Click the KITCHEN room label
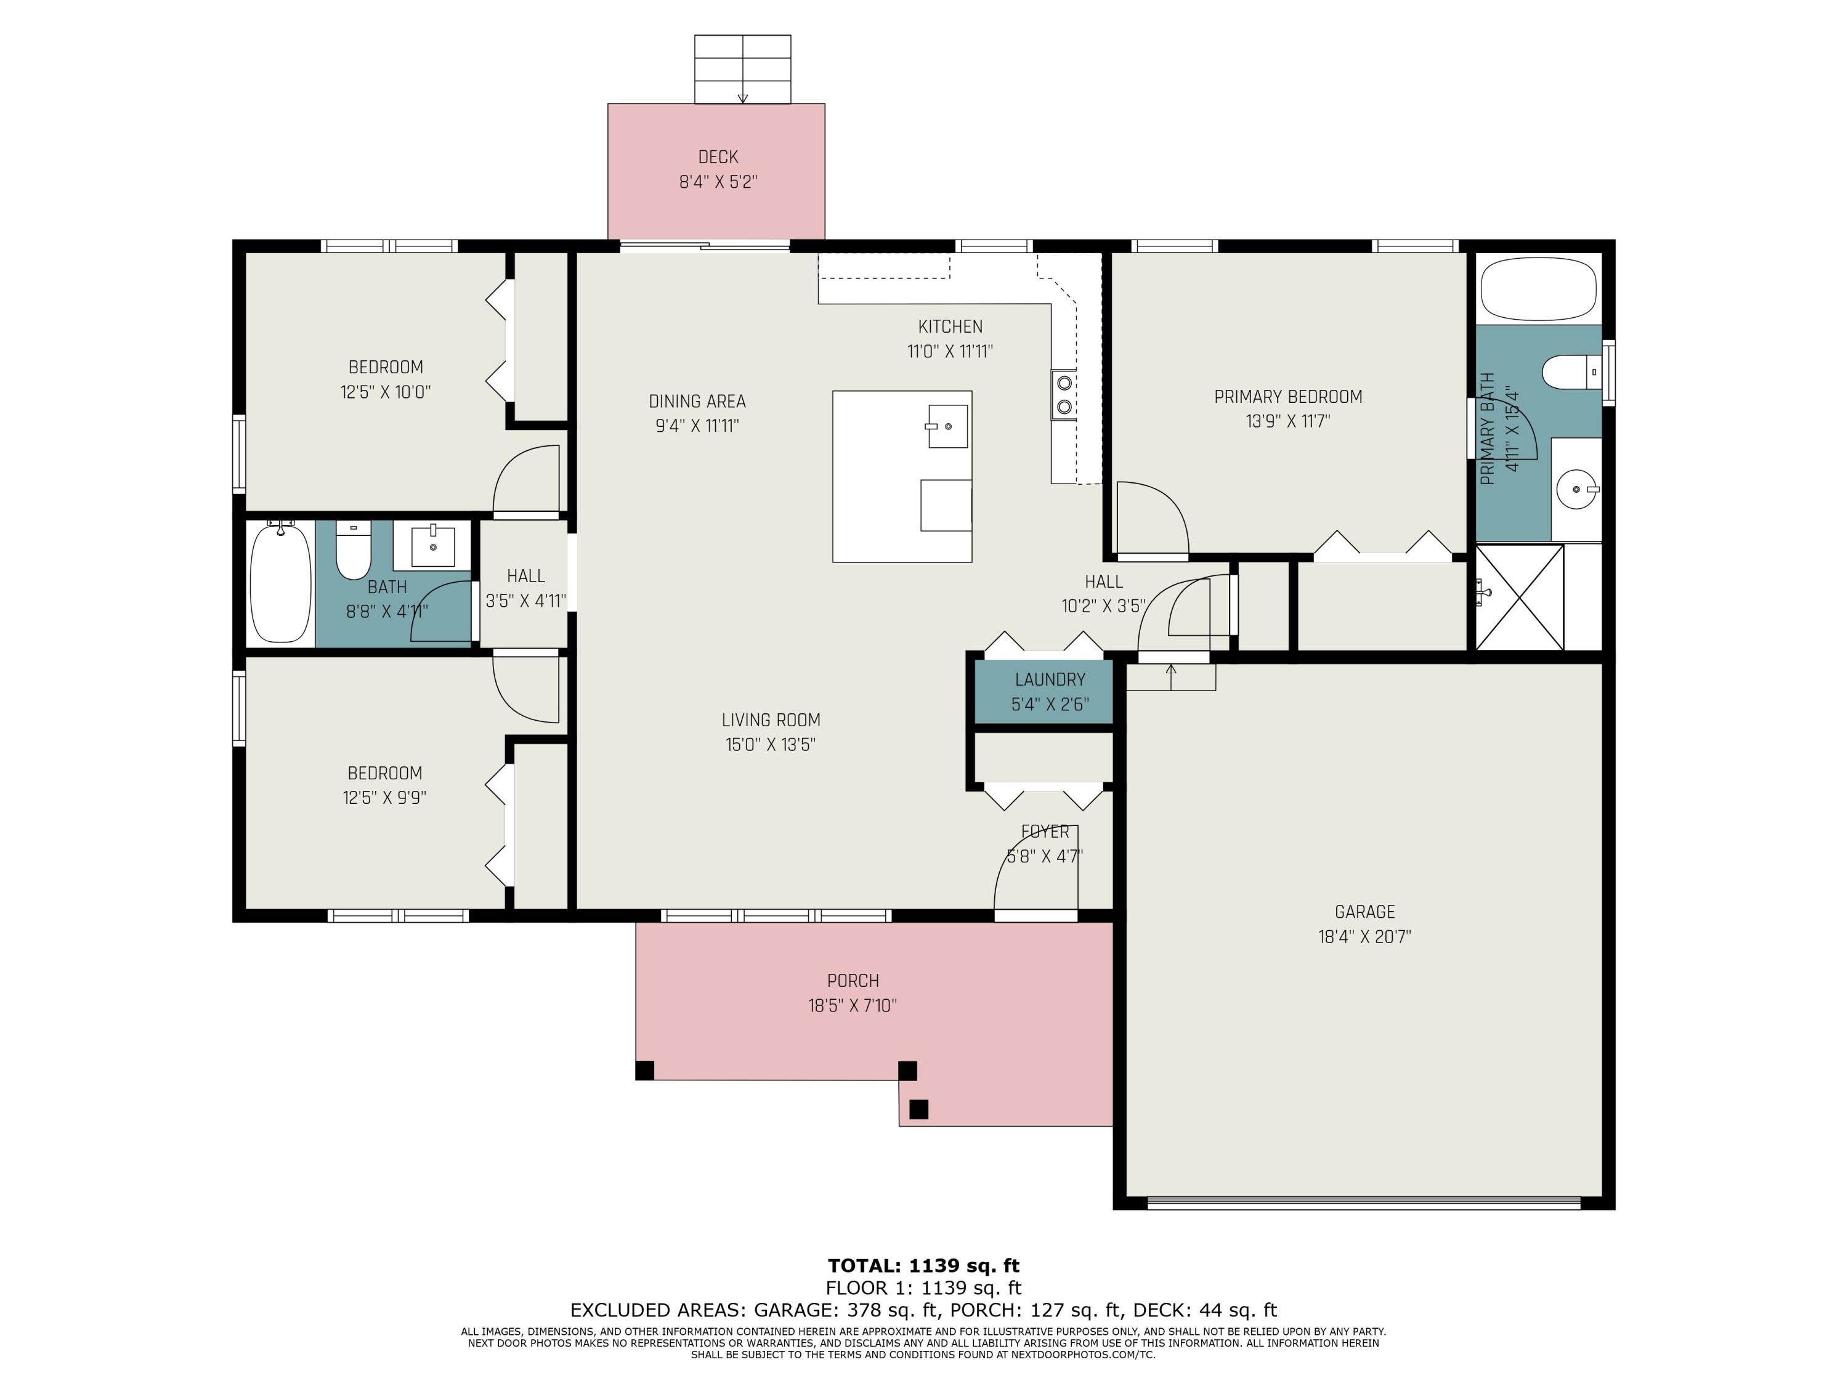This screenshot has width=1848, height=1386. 950,326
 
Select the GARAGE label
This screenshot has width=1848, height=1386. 1364,912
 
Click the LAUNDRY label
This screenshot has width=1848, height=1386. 1050,680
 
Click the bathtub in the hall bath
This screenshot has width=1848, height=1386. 281,582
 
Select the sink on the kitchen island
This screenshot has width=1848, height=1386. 947,426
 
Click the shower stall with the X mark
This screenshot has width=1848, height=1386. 1520,596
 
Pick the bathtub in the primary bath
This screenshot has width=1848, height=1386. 1539,288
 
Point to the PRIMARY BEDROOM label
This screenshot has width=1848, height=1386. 1287,397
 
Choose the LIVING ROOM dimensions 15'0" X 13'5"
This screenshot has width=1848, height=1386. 770,744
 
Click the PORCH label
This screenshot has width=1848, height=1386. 853,981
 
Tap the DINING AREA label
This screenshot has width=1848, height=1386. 697,401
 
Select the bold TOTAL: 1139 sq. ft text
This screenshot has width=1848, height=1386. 923,1266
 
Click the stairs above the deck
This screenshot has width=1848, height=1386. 743,70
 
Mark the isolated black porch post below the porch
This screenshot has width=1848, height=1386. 918,1109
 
